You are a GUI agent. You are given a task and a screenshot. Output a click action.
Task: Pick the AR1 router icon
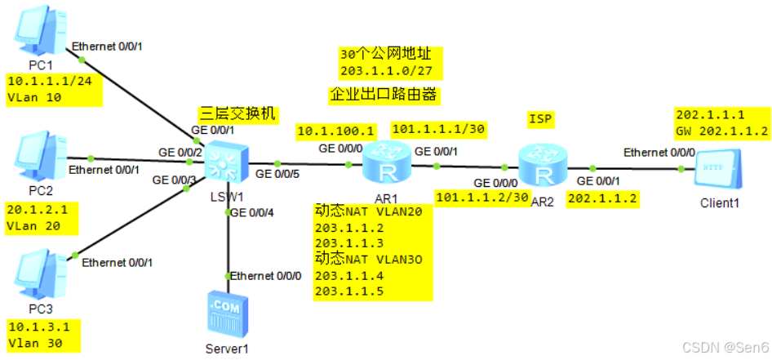384,161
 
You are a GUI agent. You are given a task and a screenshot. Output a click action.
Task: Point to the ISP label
540,120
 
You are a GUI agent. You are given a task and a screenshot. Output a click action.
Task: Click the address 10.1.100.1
336,131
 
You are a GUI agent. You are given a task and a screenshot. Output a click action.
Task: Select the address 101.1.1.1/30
439,129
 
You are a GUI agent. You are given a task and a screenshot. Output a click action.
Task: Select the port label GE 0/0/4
253,213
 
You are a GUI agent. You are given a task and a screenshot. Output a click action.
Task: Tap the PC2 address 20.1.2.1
39,209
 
